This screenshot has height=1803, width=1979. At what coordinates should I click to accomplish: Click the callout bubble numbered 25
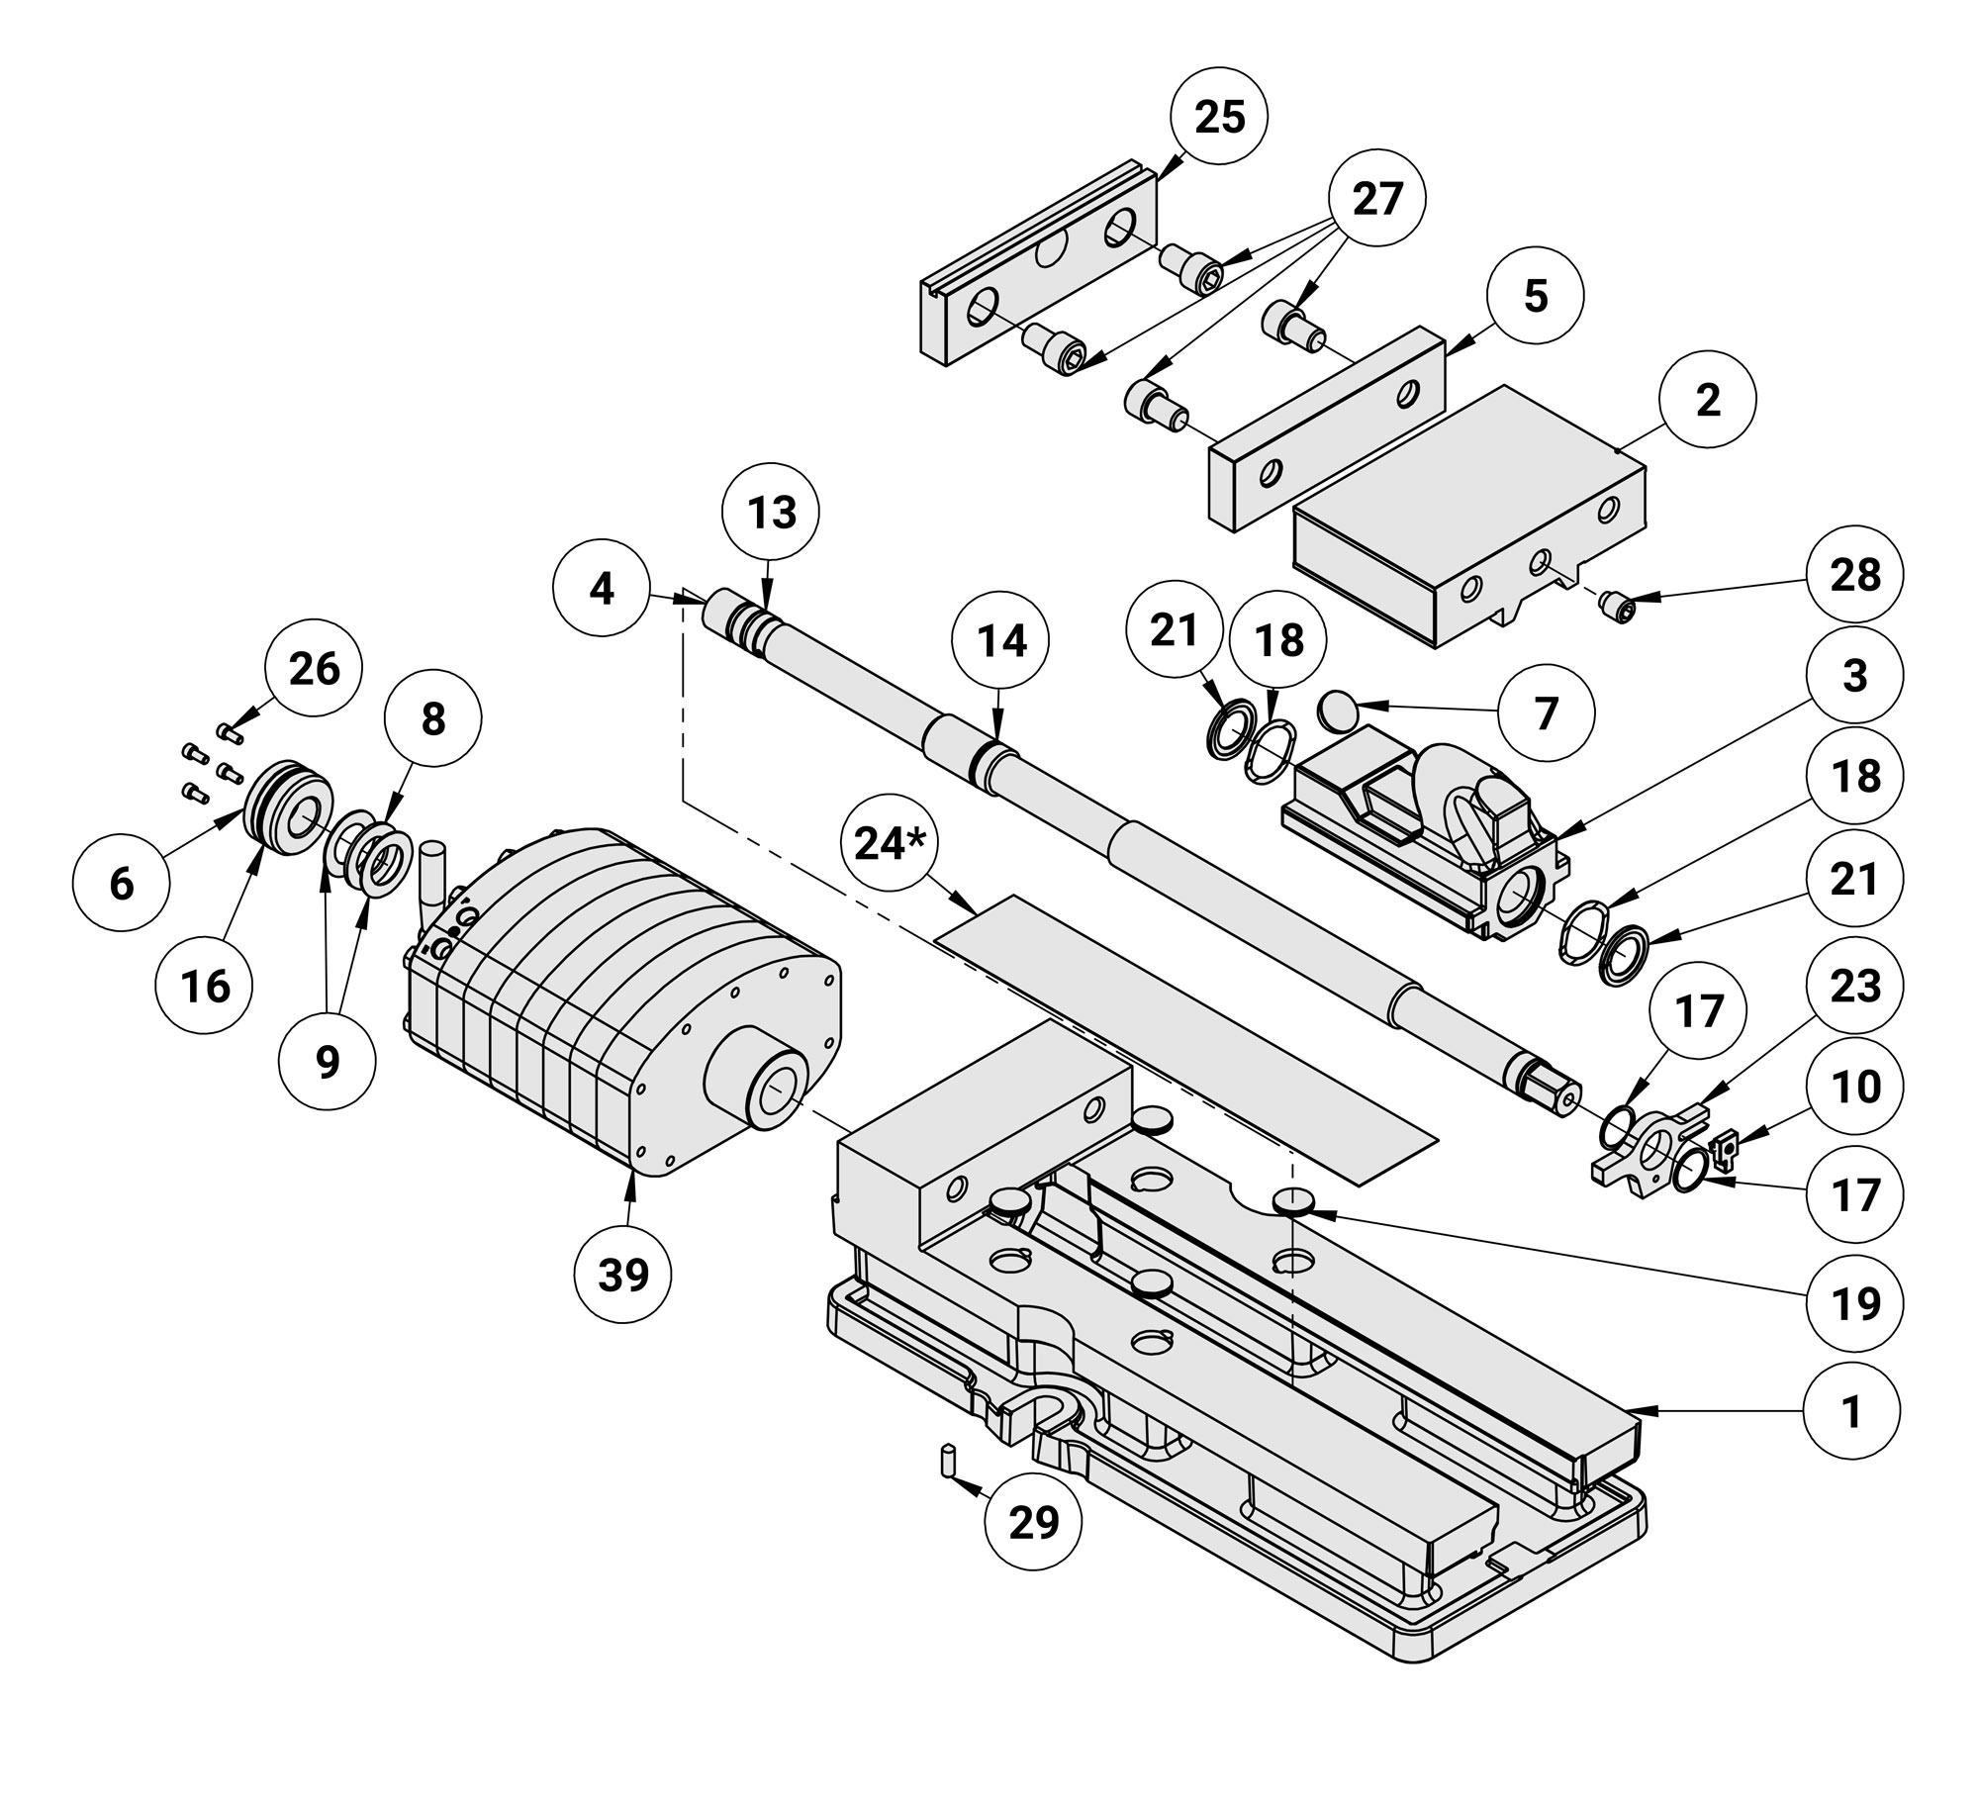[x=1219, y=118]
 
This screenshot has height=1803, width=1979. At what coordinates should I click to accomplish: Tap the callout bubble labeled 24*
[x=888, y=844]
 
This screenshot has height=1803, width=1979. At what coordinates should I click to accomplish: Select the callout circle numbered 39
[x=623, y=1277]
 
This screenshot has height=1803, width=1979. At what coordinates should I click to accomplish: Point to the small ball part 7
[x=1338, y=709]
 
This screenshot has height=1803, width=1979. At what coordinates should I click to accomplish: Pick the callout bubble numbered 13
[x=772, y=513]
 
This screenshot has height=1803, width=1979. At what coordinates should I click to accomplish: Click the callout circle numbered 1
[x=1850, y=1412]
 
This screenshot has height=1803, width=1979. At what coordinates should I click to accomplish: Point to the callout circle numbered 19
[x=1854, y=1304]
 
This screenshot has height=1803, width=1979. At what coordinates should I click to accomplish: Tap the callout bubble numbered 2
[x=1708, y=400]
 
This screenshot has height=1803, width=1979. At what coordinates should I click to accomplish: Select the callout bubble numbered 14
[x=1001, y=641]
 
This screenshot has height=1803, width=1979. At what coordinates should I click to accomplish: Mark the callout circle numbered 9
[x=327, y=1061]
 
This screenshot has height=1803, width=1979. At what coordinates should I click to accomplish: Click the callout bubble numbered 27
[x=1377, y=199]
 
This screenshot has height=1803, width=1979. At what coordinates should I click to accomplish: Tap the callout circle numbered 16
[x=206, y=986]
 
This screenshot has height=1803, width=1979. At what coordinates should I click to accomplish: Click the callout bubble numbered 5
[x=1535, y=295]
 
